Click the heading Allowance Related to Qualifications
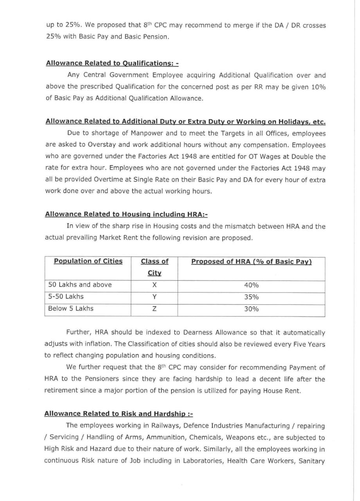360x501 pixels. (112, 63)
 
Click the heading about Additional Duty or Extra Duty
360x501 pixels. (186, 122)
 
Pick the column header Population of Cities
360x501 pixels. (88, 261)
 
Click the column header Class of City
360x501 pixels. (155, 267)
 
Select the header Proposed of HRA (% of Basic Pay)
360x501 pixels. (251, 261)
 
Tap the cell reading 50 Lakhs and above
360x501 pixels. (80, 285)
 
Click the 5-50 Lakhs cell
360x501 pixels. (66, 297)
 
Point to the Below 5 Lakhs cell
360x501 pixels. (71, 308)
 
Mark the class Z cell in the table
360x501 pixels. (155, 309)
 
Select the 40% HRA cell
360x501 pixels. (251, 285)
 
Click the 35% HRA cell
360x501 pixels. (251, 297)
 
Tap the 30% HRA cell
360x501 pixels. (251, 309)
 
